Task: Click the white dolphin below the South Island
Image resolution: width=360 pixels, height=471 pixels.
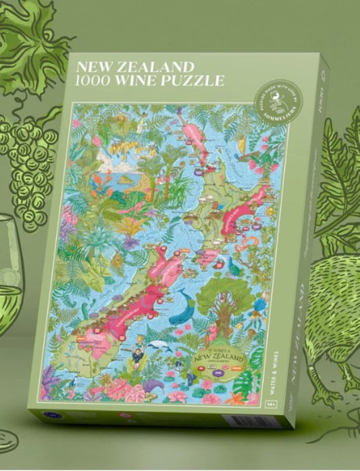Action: click(157, 345)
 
